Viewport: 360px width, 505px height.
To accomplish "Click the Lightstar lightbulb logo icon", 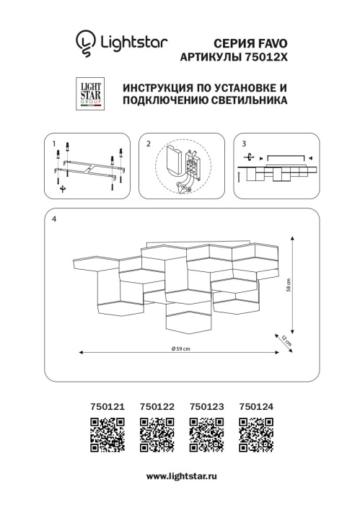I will click(x=86, y=42).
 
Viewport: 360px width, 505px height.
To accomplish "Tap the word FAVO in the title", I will click(x=271, y=43).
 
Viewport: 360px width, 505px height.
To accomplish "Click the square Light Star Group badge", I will click(x=89, y=95).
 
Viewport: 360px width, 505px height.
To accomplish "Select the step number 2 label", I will click(x=148, y=144).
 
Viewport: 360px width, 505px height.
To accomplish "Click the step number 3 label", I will click(x=244, y=144).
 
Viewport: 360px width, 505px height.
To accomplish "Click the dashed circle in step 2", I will click(x=180, y=167).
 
